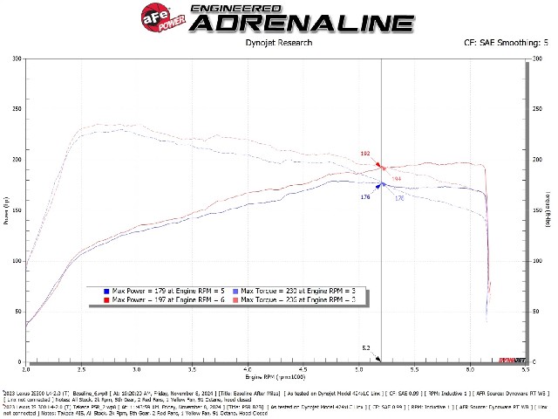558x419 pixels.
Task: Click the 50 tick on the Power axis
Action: click(x=18, y=312)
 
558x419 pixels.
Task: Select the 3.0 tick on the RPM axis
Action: click(x=137, y=369)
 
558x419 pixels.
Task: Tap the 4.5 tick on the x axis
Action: click(x=303, y=369)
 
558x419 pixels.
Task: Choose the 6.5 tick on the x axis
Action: click(x=526, y=369)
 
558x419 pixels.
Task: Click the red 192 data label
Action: click(x=365, y=154)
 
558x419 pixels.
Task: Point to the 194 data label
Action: click(x=396, y=179)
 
